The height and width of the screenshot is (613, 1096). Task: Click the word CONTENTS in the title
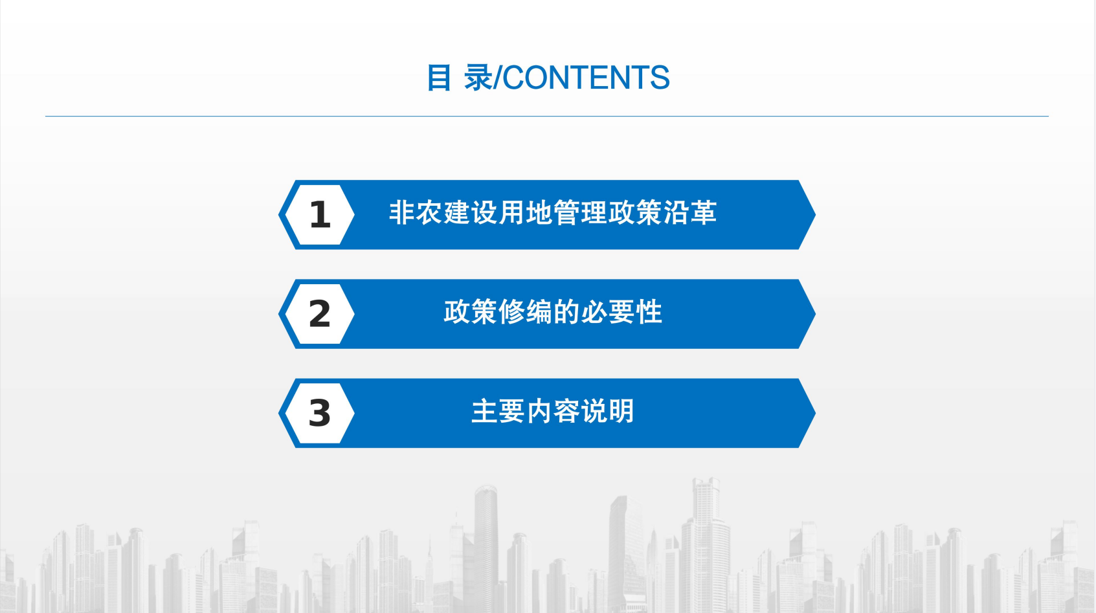click(586, 78)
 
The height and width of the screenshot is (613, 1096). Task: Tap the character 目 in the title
click(439, 78)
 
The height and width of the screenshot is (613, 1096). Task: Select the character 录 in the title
click(478, 78)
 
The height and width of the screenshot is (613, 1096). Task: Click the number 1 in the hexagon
click(320, 215)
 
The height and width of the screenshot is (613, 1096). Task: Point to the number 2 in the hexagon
click(320, 314)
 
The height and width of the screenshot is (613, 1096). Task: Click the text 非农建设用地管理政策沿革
click(553, 213)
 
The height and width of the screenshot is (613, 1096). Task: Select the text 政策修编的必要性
click(553, 312)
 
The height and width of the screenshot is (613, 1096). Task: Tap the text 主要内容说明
click(553, 412)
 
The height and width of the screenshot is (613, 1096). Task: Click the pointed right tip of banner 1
click(815, 215)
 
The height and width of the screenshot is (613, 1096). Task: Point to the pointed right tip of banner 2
click(815, 314)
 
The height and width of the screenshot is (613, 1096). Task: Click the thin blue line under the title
click(547, 117)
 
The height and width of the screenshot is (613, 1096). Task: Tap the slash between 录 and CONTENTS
click(498, 78)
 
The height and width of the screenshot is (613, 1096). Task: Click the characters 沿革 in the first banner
click(690, 213)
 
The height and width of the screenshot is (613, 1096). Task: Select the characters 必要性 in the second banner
click(622, 312)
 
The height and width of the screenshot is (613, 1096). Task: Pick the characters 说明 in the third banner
click(608, 412)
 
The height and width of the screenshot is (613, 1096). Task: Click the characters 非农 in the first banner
click(416, 213)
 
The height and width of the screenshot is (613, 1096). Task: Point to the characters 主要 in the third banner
click(498, 412)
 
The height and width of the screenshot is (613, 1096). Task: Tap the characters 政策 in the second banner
click(471, 312)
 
